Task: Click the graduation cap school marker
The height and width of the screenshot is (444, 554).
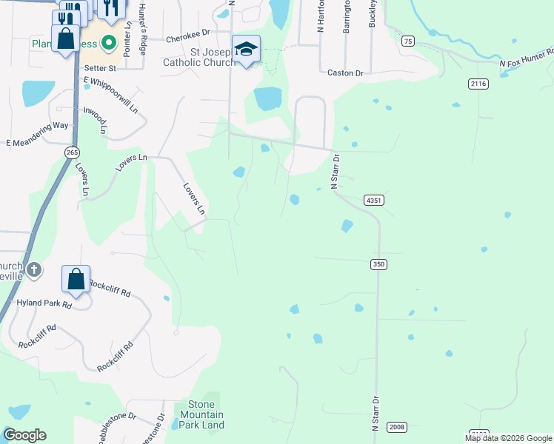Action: point(246,49)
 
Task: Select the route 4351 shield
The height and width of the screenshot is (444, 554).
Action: point(374,201)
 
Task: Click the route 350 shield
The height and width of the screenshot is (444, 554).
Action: point(379,264)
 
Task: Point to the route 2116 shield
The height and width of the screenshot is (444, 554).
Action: point(478,84)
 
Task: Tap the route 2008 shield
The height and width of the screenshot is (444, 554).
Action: point(397,427)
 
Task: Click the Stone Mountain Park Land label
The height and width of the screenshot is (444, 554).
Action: point(201,414)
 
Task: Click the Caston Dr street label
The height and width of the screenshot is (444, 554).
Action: point(345,73)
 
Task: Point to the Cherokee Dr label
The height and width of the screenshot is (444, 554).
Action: point(188,34)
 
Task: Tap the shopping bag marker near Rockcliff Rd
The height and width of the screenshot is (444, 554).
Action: point(76,279)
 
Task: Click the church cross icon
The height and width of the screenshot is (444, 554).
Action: point(34,270)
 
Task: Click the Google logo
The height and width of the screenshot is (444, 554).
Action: point(24,435)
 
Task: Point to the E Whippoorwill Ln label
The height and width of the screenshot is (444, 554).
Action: point(111,93)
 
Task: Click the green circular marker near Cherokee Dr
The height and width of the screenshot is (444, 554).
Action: point(109,43)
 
